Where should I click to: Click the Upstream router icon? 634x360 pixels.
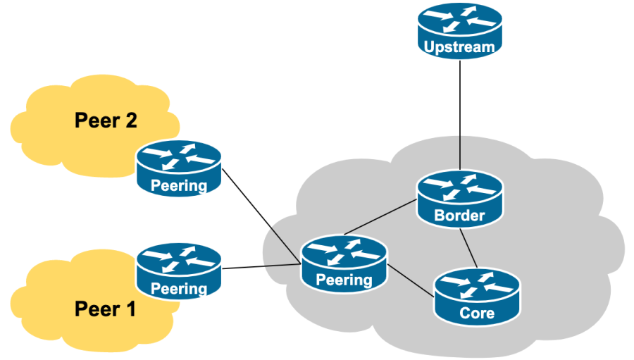pyautogui.click(x=460, y=28)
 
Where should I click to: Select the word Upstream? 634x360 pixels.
pyautogui.click(x=460, y=47)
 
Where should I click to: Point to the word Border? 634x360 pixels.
pyautogui.click(x=459, y=216)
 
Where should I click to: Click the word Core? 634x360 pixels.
pyautogui.click(x=477, y=313)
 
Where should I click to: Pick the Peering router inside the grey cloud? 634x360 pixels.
pyautogui.click(x=344, y=262)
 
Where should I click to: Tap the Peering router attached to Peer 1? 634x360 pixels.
pyautogui.click(x=180, y=270)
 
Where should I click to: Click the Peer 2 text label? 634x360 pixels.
pyautogui.click(x=106, y=120)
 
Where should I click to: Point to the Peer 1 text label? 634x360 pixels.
pyautogui.click(x=106, y=309)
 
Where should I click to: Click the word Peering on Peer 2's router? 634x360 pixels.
pyautogui.click(x=180, y=186)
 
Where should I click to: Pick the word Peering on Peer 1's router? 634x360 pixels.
pyautogui.click(x=180, y=288)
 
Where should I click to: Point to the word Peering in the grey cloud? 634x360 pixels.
pyautogui.click(x=344, y=280)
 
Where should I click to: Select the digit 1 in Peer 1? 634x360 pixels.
pyautogui.click(x=129, y=309)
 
